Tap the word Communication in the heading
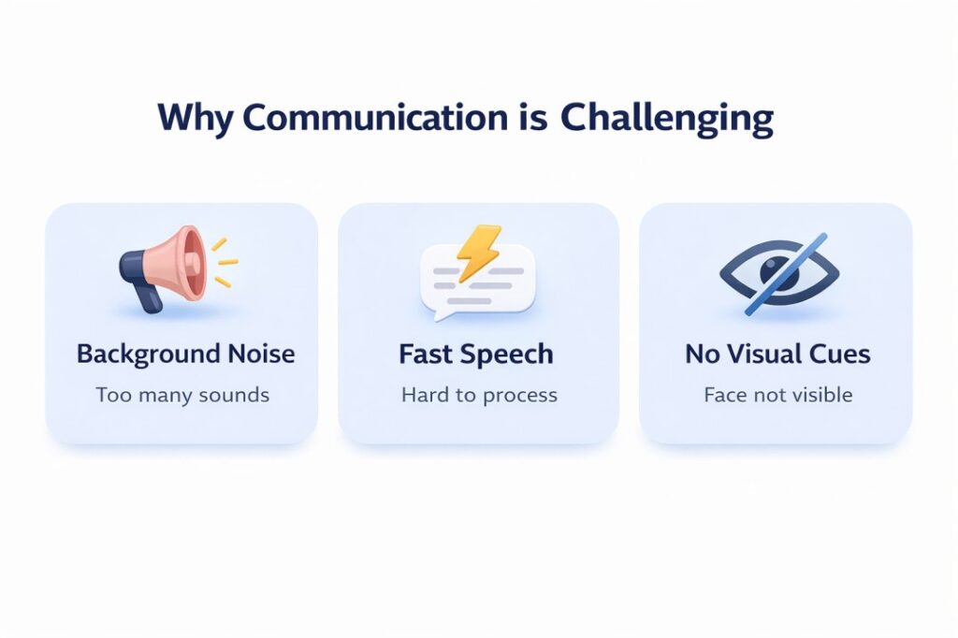pos(375,117)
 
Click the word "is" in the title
pos(533,117)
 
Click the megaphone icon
pos(178,269)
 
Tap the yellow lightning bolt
pos(478,253)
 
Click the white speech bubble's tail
pos(442,314)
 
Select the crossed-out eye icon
pos(779,273)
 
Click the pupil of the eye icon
pos(779,273)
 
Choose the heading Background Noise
pos(186,355)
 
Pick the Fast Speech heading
pos(476,355)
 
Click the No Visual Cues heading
pos(777,355)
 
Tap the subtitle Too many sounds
pos(182,396)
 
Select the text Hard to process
pos(480,396)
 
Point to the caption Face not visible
pos(777,395)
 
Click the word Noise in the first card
pos(262,355)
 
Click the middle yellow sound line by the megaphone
pos(228,262)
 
